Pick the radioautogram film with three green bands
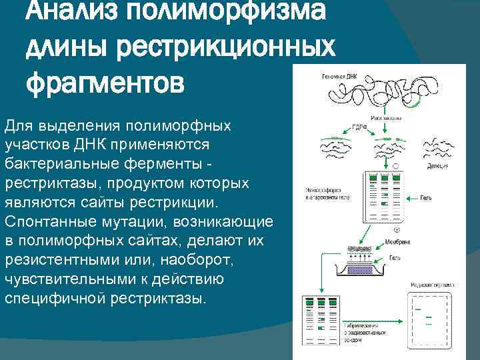tap(430, 317)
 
